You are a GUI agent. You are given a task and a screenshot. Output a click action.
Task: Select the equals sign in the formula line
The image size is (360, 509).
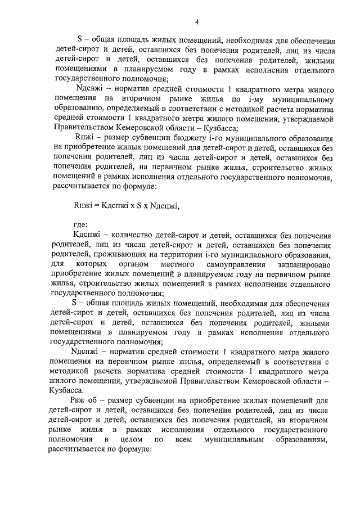tap(96, 206)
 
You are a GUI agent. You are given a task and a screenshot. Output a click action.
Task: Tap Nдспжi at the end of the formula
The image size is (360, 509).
tap(163, 206)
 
